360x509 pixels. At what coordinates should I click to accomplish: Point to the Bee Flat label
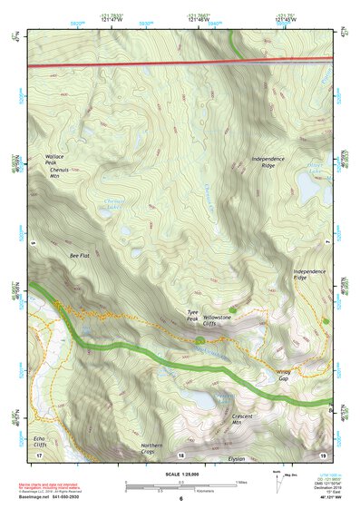(x=81, y=257)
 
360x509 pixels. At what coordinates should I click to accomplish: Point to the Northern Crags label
(x=151, y=449)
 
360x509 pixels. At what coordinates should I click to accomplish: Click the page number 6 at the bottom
(x=181, y=498)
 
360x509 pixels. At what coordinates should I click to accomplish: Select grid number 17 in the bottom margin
(x=39, y=455)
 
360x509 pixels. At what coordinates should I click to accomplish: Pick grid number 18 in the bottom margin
(x=181, y=455)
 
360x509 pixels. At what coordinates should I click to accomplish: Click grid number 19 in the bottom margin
(x=324, y=455)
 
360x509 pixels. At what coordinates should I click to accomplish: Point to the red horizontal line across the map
(x=181, y=64)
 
